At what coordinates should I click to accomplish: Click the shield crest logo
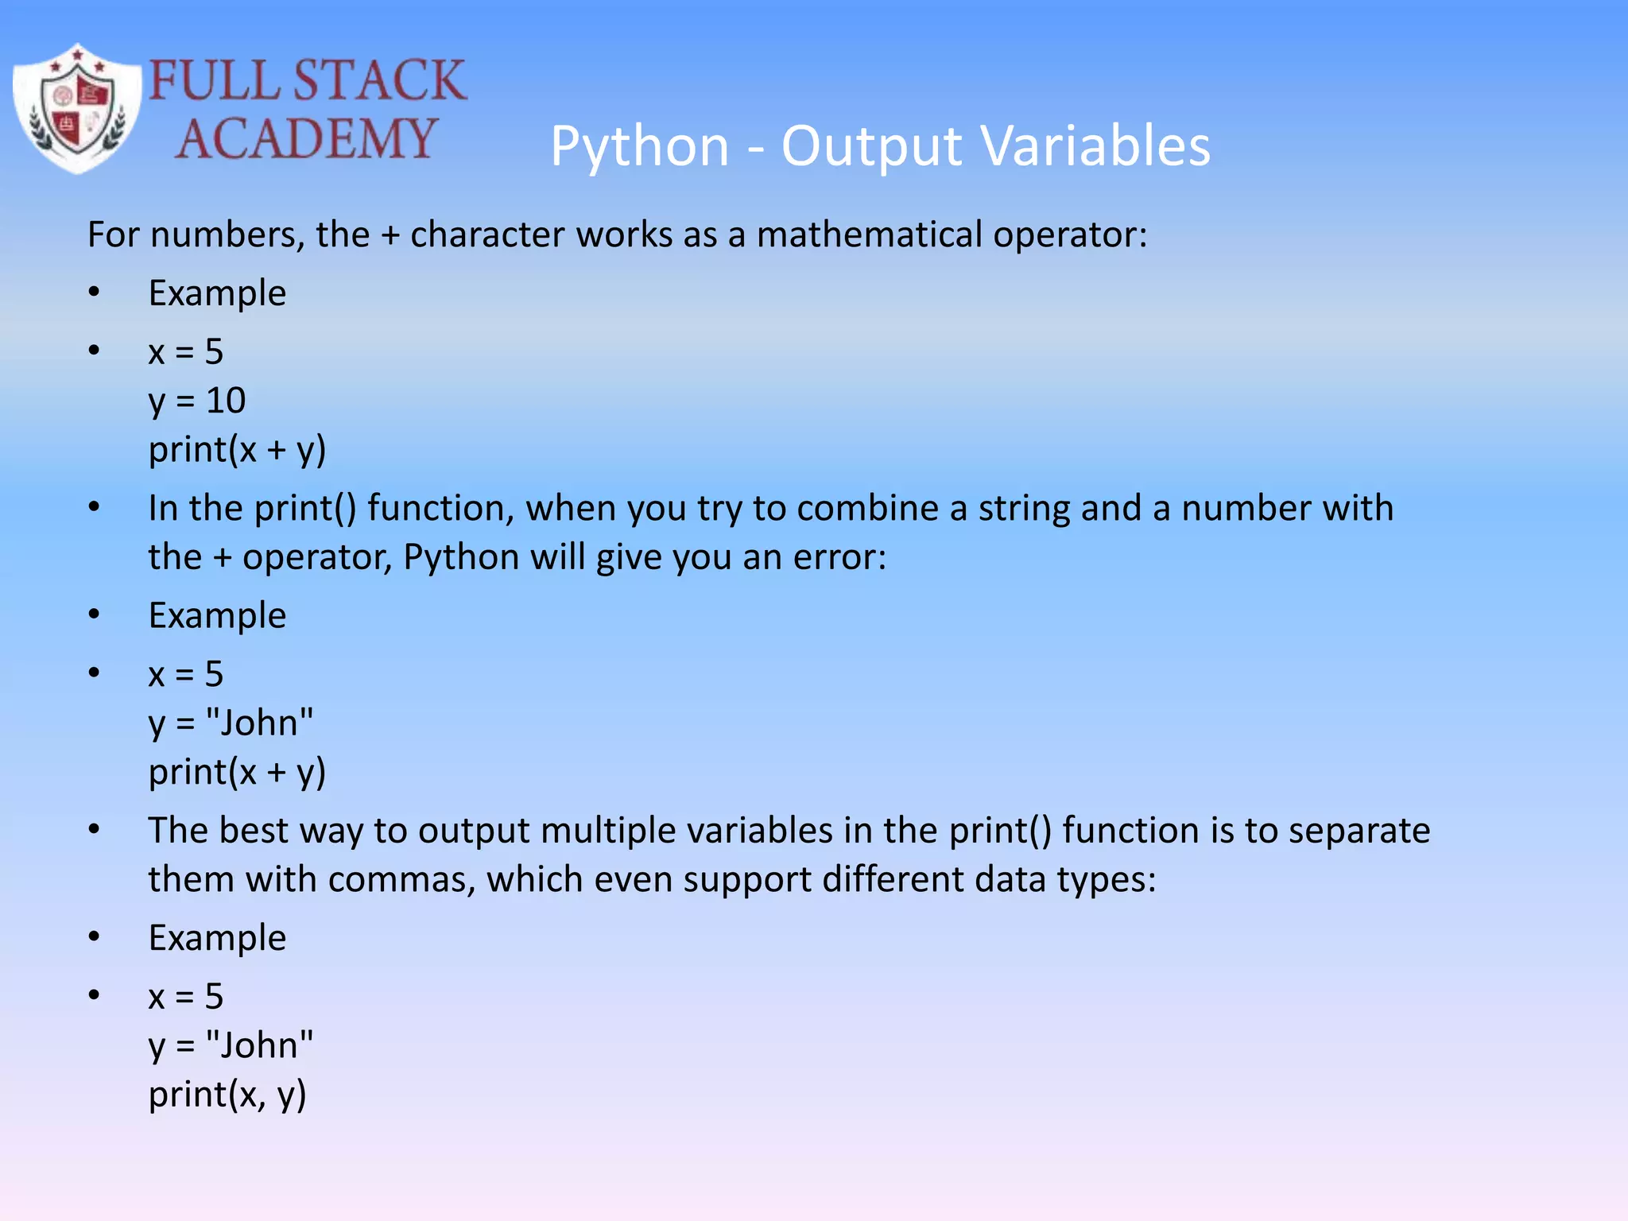[x=77, y=109]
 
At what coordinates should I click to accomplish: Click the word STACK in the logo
[x=379, y=80]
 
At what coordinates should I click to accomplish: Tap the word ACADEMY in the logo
[x=306, y=139]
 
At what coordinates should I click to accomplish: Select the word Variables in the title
[x=1095, y=146]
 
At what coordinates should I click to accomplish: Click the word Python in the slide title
[x=640, y=148]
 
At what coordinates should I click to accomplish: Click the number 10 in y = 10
[x=226, y=400]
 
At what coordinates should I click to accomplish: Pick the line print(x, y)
[x=227, y=1095]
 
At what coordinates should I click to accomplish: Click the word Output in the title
[x=871, y=148]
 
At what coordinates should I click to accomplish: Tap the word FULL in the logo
[x=213, y=80]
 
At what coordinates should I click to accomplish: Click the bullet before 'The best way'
[x=95, y=829]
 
